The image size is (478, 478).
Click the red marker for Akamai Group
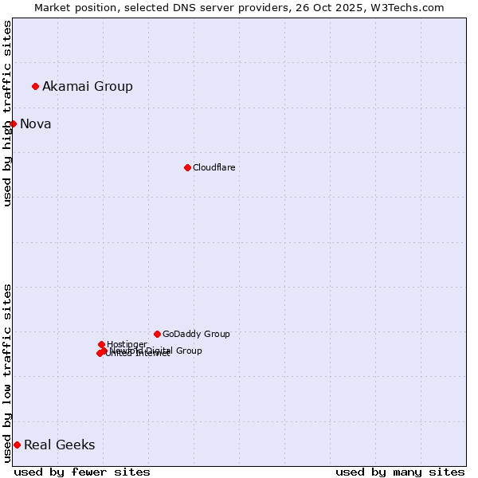pos(35,86)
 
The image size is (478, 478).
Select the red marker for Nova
pos(13,123)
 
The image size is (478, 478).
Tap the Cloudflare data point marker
pos(187,167)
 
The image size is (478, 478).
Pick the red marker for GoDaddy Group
pos(157,334)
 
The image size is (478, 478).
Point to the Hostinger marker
pos(101,344)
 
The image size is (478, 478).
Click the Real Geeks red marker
pos(17,445)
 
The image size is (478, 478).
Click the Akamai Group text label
pos(88,86)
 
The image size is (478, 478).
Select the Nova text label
pos(36,123)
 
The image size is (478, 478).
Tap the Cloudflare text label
pos(214,167)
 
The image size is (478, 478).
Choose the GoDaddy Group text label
pos(196,334)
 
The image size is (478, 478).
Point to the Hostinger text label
pos(127,344)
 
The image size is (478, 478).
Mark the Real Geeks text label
pos(60,445)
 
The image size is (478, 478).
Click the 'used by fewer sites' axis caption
pos(82,472)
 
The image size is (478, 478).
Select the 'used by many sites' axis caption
pos(400,472)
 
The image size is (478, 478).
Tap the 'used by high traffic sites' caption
pos(7,113)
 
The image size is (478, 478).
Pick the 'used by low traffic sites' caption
pos(7,373)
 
